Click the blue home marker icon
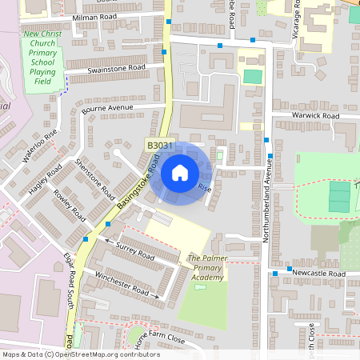180,173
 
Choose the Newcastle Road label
318,274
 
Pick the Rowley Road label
70,206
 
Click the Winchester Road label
123,285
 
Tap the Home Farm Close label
160,338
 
